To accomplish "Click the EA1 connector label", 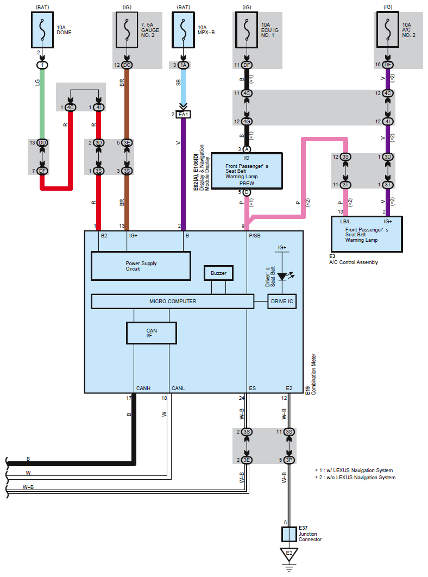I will [x=183, y=115].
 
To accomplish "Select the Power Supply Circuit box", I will [x=141, y=266].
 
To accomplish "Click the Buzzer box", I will [x=218, y=273].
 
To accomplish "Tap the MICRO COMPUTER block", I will [x=173, y=301].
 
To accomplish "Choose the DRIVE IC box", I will [x=282, y=302].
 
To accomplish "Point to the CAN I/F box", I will [x=151, y=333].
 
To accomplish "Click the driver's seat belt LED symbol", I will [x=282, y=277].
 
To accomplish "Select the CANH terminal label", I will [x=143, y=388].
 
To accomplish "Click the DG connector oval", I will [x=127, y=65].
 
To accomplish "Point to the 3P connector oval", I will [x=289, y=460].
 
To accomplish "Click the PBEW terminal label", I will [x=247, y=184].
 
